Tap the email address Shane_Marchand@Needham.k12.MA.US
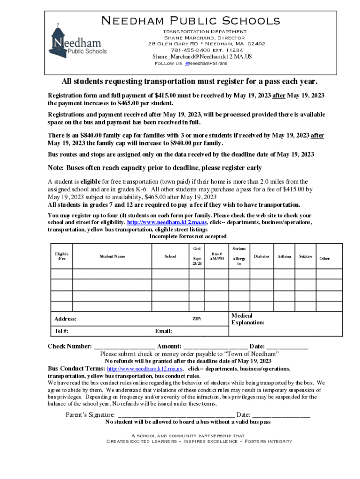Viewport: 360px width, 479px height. point(202,57)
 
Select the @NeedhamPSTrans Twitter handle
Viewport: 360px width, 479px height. point(206,63)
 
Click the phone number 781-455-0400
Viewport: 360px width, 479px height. point(191,50)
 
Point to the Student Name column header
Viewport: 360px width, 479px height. point(112,256)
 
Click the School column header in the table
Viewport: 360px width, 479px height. point(171,256)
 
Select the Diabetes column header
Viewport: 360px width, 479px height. point(262,256)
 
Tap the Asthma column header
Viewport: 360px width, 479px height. point(284,256)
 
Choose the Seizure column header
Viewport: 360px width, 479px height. point(306,256)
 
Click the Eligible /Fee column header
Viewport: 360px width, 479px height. point(61,256)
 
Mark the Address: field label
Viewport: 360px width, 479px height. point(65,319)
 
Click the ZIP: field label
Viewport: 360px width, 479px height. point(197,319)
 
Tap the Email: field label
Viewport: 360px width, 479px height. point(163,331)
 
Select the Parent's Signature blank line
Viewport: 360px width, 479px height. point(176,415)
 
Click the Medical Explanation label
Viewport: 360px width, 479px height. point(248,319)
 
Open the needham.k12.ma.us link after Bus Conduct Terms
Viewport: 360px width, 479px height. point(145,369)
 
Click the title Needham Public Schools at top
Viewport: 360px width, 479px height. point(191,21)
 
